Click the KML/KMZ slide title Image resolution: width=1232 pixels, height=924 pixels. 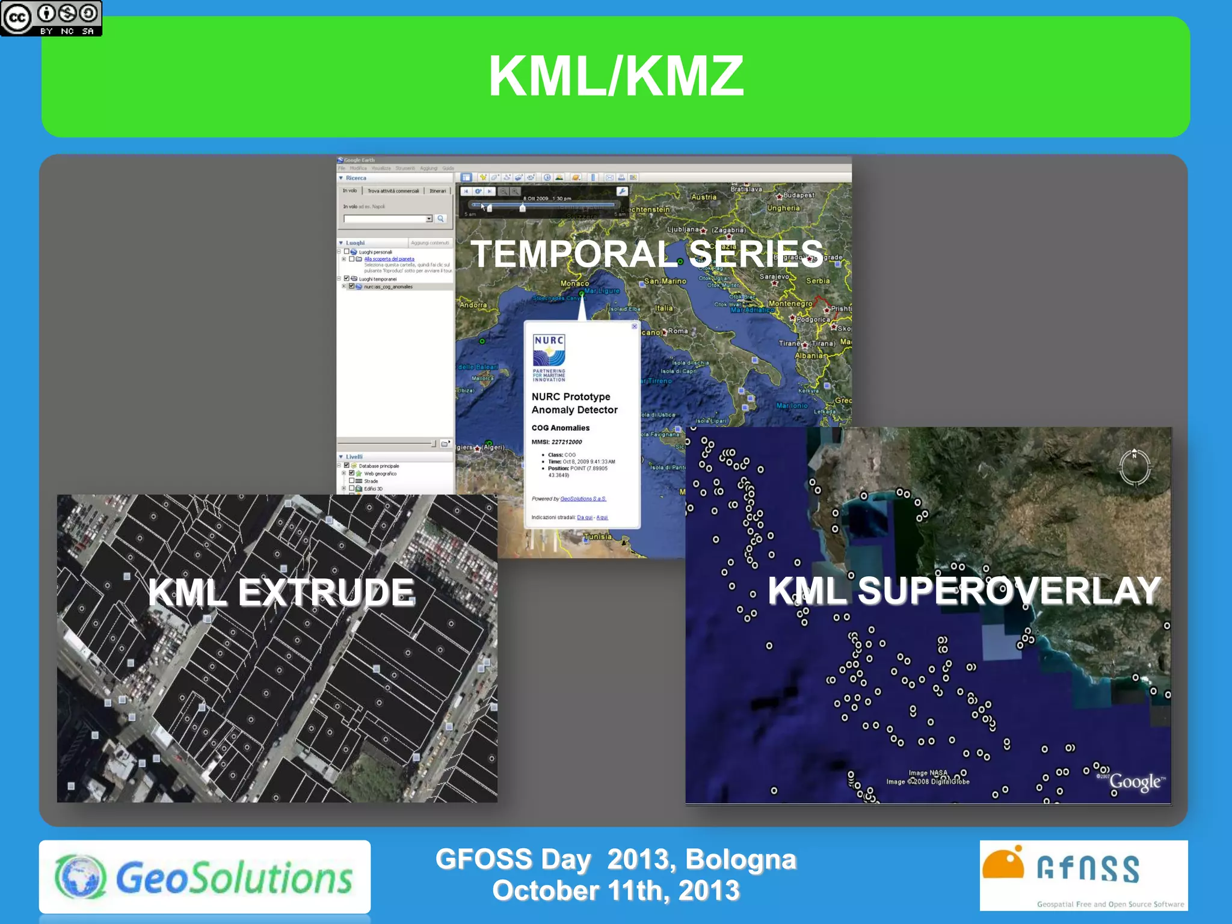pos(616,76)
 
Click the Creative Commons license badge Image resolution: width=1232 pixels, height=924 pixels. pos(51,18)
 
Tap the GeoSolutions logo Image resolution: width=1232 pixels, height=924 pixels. pos(205,877)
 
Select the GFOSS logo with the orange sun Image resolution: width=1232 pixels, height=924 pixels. pos(1083,875)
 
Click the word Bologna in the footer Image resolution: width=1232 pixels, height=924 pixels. pos(741,860)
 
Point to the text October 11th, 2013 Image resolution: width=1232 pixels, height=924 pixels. pos(615,890)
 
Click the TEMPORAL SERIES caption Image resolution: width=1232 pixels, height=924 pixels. pos(647,254)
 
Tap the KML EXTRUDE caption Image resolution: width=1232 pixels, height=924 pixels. pos(282,592)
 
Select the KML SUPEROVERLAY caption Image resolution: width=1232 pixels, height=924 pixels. pos(964,591)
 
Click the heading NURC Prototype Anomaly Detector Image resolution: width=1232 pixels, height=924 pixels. pos(574,403)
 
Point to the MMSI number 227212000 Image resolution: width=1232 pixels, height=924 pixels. pos(566,442)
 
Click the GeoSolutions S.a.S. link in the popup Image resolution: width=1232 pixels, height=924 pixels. pos(583,499)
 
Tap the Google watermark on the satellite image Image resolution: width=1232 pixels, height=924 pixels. pos(1135,781)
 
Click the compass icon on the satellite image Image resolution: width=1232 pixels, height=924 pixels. pos(1135,466)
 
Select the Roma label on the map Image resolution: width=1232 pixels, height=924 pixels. pos(677,331)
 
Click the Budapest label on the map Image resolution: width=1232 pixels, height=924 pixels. pos(798,195)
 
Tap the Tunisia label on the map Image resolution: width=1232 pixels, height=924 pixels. pos(597,537)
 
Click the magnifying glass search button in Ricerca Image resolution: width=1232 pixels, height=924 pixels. pos(441,219)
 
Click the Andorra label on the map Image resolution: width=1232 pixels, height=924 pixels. pos(473,305)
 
